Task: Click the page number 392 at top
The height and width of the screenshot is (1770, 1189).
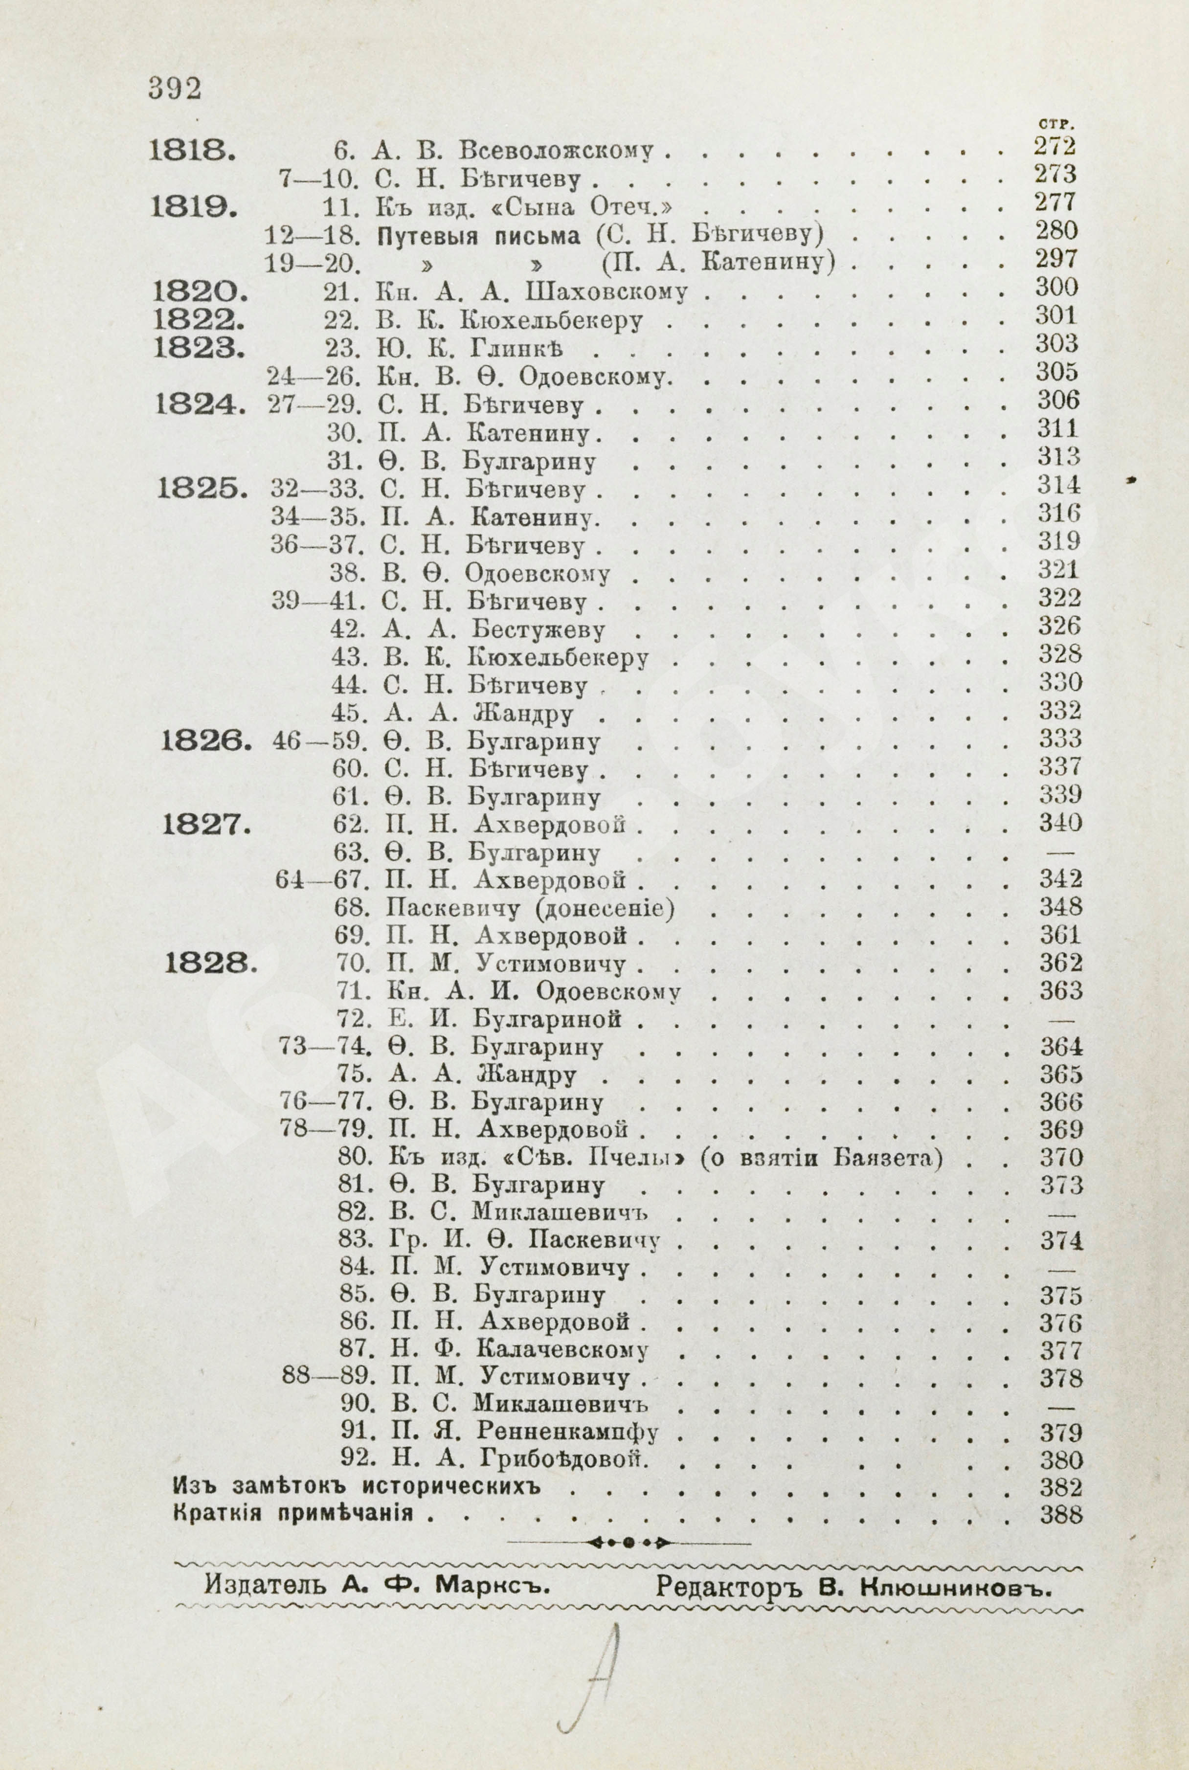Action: click(175, 89)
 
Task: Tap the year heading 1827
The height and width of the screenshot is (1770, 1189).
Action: click(207, 824)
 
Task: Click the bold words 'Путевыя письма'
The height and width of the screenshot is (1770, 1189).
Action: click(478, 236)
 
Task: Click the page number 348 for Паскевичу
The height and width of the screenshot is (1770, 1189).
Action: click(1060, 907)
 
